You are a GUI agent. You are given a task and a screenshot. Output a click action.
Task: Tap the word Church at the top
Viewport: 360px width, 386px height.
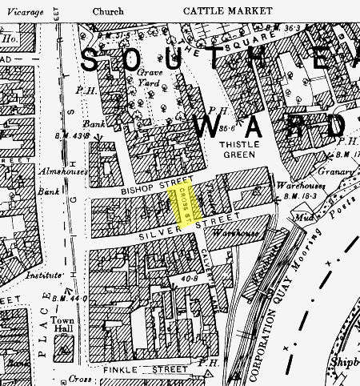[108, 12]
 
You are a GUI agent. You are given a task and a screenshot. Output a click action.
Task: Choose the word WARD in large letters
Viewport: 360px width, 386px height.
[272, 126]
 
